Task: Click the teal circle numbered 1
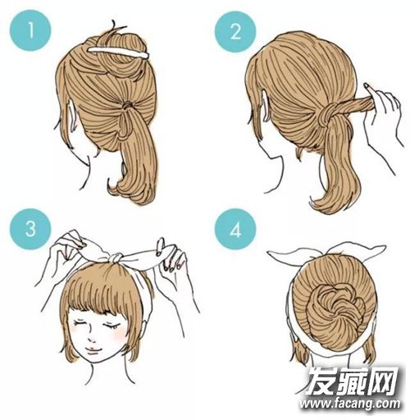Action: tap(30, 30)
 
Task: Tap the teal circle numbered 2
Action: tap(235, 32)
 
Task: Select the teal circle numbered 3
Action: tap(30, 229)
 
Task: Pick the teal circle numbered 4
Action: tap(235, 229)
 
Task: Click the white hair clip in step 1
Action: tap(118, 52)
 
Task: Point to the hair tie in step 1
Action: tap(126, 105)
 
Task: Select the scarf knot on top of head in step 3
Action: tap(116, 258)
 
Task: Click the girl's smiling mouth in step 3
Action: tap(93, 350)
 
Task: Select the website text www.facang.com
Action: tap(349, 403)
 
